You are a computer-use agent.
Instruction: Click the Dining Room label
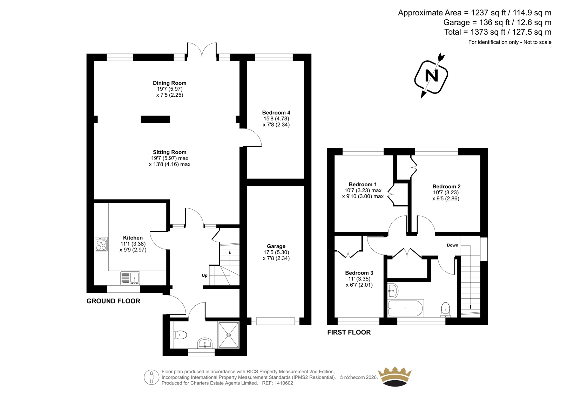coord(170,83)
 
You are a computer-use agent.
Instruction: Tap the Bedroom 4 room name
coord(276,113)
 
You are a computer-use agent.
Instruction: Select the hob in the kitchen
coord(101,244)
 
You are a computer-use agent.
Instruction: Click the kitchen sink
coord(130,278)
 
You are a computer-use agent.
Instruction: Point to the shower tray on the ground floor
coord(229,335)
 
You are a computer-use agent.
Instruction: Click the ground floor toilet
coord(181,335)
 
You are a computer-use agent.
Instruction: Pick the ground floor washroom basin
coord(205,343)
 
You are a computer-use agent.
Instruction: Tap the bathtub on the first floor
coord(405,308)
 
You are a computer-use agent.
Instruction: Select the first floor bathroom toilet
coord(446,310)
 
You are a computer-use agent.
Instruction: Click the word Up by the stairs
coord(205,276)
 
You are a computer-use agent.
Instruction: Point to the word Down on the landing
coord(452,245)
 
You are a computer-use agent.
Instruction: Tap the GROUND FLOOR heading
coord(113,301)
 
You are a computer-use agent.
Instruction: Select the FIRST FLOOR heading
coord(349,332)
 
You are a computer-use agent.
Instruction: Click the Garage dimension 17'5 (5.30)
coord(276,252)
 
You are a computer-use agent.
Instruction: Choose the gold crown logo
coord(395,377)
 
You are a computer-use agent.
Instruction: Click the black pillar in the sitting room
coord(155,119)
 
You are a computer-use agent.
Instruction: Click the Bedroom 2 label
coord(446,186)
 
